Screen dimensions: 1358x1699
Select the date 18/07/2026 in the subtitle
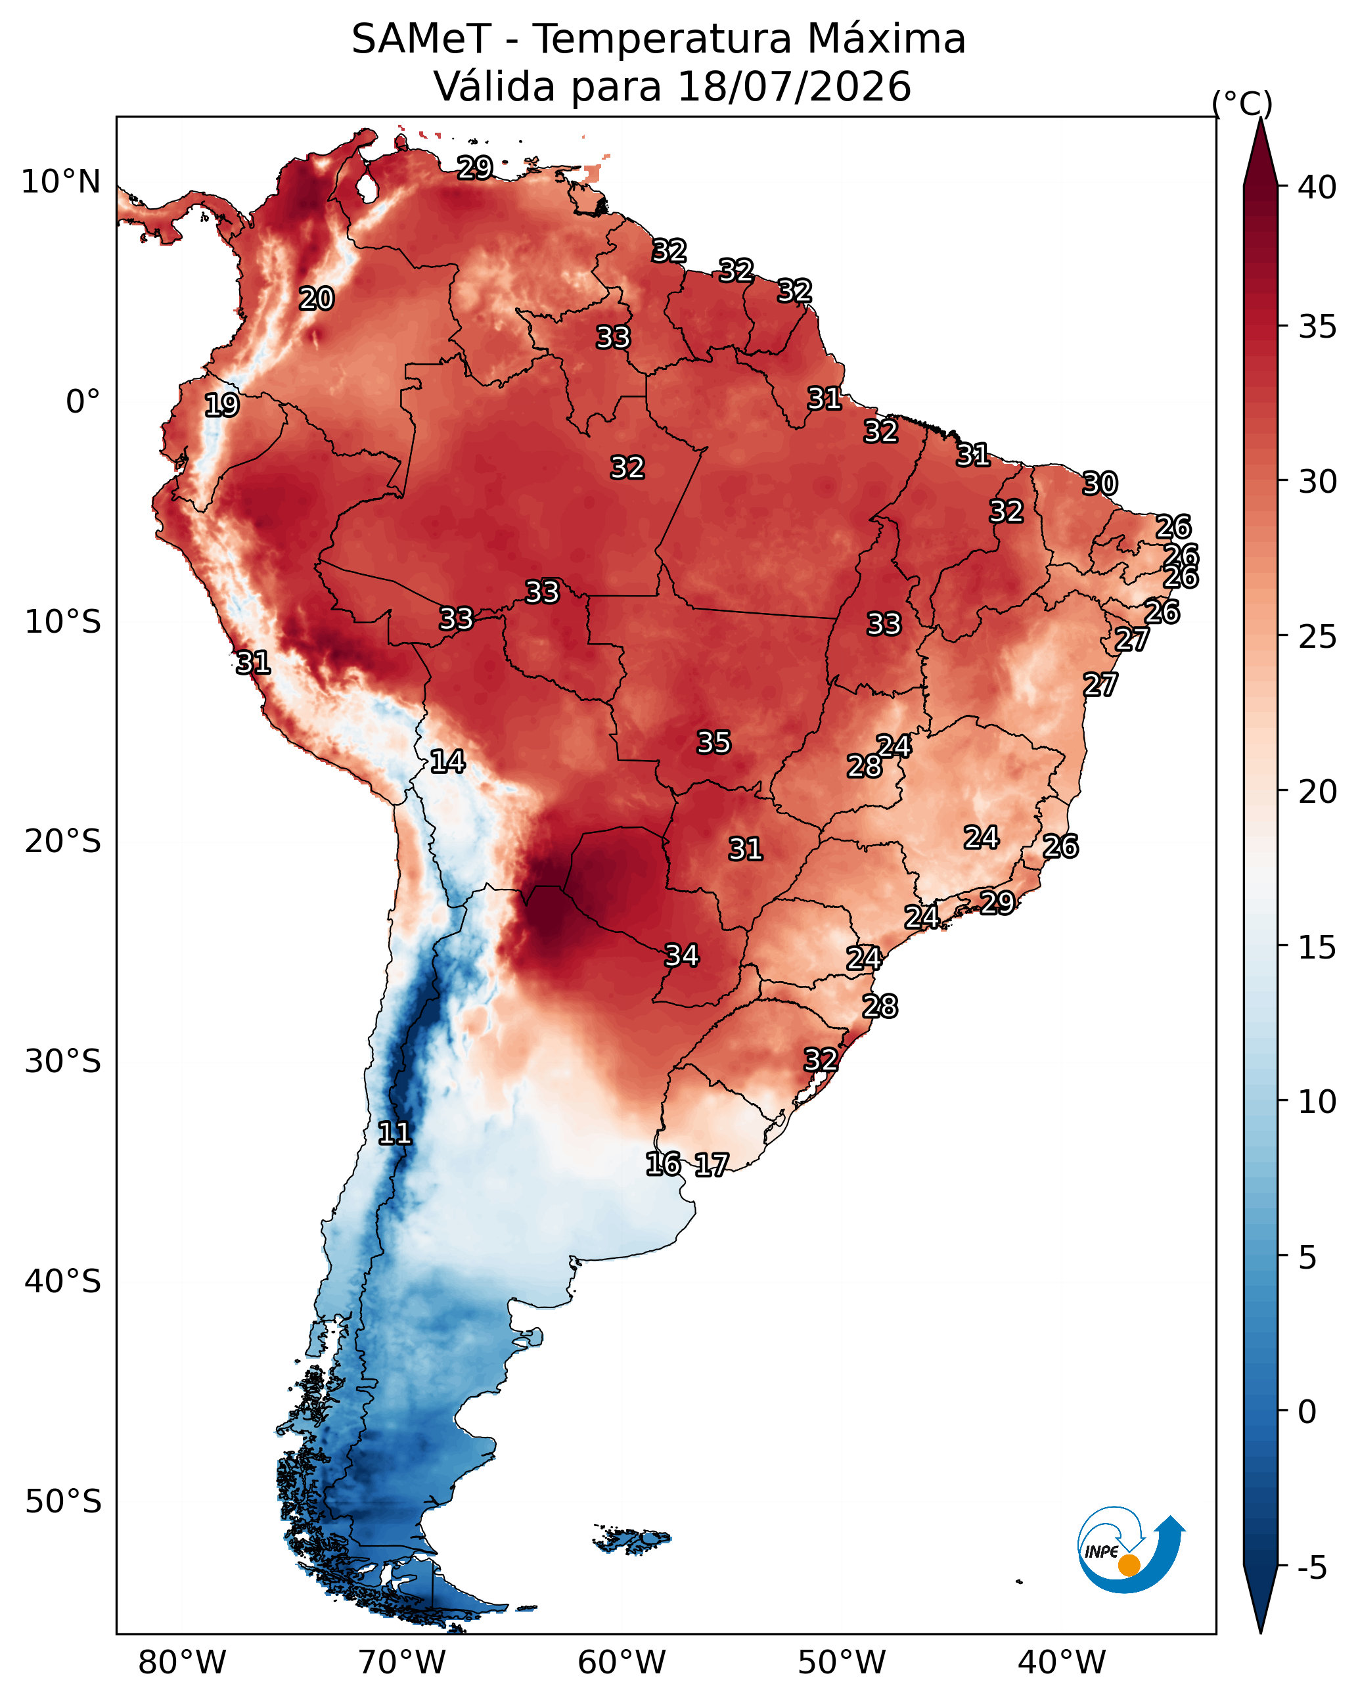pyautogui.click(x=794, y=86)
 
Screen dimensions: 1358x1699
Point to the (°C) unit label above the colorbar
pyautogui.click(x=1242, y=103)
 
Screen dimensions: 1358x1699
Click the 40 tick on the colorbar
pyautogui.click(x=1317, y=187)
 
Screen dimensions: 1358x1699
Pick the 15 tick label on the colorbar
pyautogui.click(x=1317, y=947)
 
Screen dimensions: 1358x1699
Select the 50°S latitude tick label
pyautogui.click(x=63, y=1502)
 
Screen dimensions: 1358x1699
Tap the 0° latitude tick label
pyautogui.click(x=83, y=402)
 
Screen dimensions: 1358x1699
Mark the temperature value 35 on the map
pyautogui.click(x=714, y=742)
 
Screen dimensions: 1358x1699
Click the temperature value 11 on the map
pyautogui.click(x=395, y=1133)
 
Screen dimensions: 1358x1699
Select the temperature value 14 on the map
pyautogui.click(x=447, y=761)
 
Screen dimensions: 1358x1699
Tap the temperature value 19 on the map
pyautogui.click(x=221, y=405)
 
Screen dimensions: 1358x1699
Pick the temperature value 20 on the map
pyautogui.click(x=317, y=299)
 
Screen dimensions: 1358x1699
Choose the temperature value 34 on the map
pyautogui.click(x=682, y=956)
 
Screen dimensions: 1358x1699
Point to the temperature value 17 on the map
pyautogui.click(x=712, y=1165)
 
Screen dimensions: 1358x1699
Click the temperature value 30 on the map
pyautogui.click(x=1100, y=484)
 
